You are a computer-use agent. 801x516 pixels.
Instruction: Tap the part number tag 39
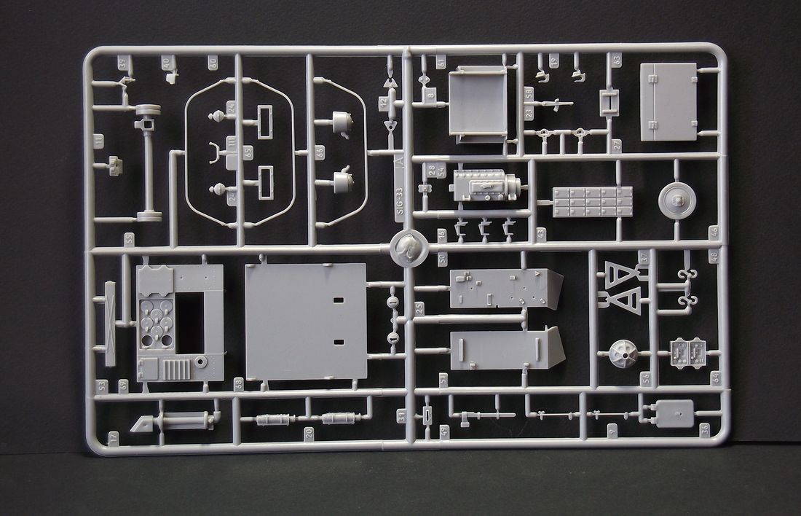click(123, 384)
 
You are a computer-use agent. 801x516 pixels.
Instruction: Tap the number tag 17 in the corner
click(113, 437)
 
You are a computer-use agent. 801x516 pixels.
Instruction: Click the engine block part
click(484, 185)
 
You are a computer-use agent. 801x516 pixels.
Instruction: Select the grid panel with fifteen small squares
click(592, 202)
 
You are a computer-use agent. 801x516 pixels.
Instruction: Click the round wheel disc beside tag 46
click(676, 200)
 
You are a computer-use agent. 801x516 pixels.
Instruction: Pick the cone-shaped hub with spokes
click(623, 354)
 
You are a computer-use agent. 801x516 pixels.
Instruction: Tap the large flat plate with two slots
click(306, 321)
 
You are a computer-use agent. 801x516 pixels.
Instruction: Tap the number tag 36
click(704, 429)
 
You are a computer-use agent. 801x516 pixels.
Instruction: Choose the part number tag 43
click(540, 233)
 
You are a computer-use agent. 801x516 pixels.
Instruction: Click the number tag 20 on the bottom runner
click(309, 433)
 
